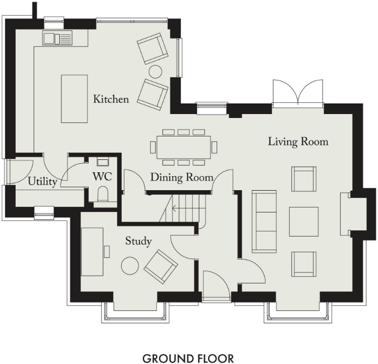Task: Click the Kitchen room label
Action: coord(111,100)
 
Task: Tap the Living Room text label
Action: coord(298,141)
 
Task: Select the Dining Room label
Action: coord(181,178)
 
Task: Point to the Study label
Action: coord(138,241)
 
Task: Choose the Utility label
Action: coord(42,182)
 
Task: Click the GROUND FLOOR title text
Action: coord(188,358)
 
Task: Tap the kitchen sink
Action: coord(58,39)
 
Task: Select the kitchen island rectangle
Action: coord(74,99)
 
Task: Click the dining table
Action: coord(184,147)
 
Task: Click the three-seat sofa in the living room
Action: coord(264,221)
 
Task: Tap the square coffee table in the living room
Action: coord(304,221)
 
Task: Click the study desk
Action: coord(92,252)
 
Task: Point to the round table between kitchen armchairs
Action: coord(155,71)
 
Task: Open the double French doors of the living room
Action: coord(298,92)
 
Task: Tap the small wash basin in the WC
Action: coord(103,163)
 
